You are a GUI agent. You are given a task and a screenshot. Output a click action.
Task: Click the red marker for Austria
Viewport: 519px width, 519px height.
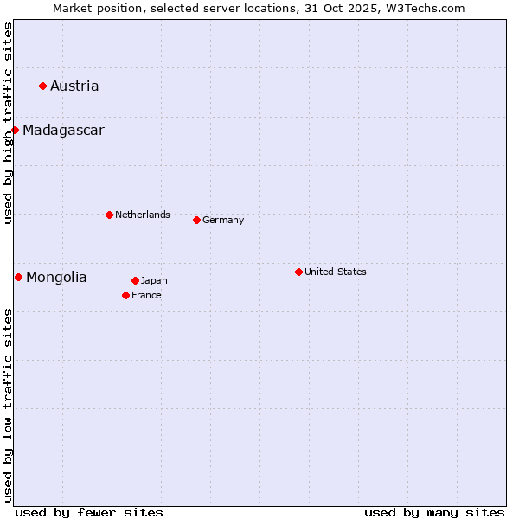coord(42,86)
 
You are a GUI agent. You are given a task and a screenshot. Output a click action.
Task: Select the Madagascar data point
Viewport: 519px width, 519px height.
coord(16,130)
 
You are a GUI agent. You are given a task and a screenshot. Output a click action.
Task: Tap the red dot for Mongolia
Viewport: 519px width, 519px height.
coord(18,277)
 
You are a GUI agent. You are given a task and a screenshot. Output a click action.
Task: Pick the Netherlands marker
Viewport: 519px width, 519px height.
coord(109,215)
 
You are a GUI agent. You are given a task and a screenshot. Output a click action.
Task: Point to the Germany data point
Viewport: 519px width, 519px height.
coord(196,220)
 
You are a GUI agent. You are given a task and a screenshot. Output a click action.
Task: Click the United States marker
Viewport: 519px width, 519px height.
coord(298,272)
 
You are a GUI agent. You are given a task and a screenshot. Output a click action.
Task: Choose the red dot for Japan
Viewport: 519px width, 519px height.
coord(135,280)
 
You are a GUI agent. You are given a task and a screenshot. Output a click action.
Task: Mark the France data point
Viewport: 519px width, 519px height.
coord(126,295)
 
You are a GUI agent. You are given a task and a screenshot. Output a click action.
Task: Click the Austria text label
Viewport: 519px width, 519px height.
coord(74,86)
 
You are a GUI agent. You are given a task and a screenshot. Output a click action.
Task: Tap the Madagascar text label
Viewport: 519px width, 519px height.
coord(63,130)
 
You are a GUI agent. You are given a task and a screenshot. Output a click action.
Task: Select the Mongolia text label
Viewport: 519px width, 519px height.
coord(56,277)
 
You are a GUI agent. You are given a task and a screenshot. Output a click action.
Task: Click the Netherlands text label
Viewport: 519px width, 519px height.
coord(143,215)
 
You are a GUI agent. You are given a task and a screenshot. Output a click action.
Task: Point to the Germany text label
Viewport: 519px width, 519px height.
coord(223,220)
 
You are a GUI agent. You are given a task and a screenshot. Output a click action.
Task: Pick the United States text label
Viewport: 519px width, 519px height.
coord(336,272)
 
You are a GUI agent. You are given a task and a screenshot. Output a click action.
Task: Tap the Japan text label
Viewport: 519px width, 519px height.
coord(154,280)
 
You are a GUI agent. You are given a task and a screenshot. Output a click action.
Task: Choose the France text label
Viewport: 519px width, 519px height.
coord(146,295)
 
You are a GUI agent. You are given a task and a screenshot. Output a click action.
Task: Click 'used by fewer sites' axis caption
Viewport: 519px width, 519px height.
coord(89,512)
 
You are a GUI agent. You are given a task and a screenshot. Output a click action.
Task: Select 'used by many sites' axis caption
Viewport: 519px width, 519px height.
coord(434,512)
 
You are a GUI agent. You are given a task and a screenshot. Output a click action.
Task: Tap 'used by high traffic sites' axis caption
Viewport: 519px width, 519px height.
coord(8,123)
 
